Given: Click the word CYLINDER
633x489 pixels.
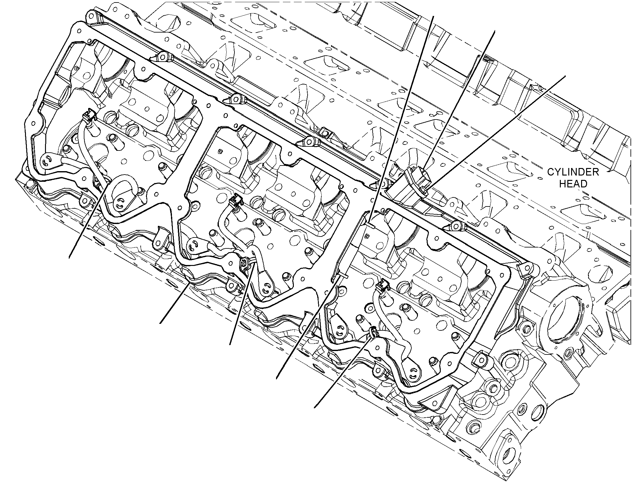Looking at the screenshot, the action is [573, 172].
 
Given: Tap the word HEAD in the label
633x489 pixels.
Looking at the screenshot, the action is [573, 184].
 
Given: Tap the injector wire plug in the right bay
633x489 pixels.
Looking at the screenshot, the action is [382, 286].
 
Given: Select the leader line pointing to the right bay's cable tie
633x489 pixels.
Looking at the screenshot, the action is [344, 371].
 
